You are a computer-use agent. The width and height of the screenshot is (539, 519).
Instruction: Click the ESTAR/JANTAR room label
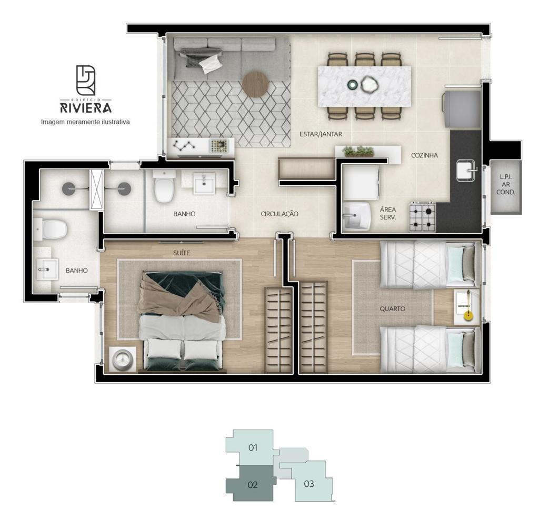pyautogui.click(x=321, y=134)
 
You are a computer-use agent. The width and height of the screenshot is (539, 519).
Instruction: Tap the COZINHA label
pyautogui.click(x=425, y=155)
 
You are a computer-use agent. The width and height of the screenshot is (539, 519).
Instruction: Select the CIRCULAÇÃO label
pyautogui.click(x=280, y=214)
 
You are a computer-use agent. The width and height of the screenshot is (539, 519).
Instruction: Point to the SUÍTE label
pyautogui.click(x=182, y=253)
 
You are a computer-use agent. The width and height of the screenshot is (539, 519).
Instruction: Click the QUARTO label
pyautogui.click(x=392, y=308)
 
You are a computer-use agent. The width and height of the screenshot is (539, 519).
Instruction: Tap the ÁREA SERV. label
pyautogui.click(x=388, y=213)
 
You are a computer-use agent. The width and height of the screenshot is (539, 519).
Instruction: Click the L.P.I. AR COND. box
pyautogui.click(x=506, y=187)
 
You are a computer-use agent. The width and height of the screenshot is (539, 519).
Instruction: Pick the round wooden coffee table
pyautogui.click(x=255, y=84)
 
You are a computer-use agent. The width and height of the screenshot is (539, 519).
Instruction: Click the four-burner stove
pyautogui.click(x=422, y=217)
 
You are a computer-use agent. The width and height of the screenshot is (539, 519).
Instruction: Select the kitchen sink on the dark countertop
pyautogui.click(x=467, y=171)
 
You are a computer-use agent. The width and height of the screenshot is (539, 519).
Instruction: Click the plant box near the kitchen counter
pyautogui.click(x=358, y=152)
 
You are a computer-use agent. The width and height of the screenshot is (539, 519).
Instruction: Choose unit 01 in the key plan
pyautogui.click(x=253, y=447)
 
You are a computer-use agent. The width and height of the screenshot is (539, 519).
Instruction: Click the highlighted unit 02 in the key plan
pyautogui.click(x=252, y=484)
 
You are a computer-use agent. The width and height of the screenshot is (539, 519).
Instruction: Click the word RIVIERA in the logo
pyautogui.click(x=86, y=107)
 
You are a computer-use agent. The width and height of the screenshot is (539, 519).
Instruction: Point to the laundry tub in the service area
pyautogui.click(x=357, y=216)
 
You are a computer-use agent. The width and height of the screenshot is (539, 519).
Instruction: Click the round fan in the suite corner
pyautogui.click(x=122, y=359)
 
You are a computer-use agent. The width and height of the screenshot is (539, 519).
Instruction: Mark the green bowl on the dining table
pyautogui.click(x=352, y=84)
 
